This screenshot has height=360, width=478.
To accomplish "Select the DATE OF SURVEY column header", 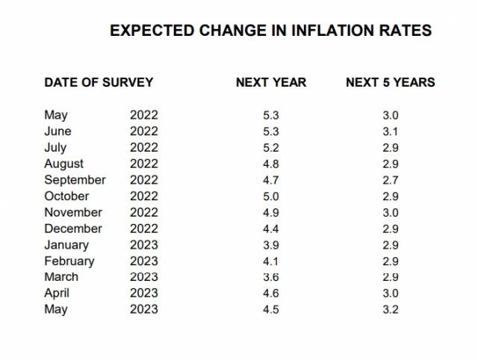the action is click(x=99, y=82).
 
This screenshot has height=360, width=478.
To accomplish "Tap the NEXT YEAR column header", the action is click(x=271, y=82).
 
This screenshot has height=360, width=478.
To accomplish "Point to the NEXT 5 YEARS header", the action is click(x=391, y=82).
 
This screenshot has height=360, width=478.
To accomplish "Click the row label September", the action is click(x=75, y=180).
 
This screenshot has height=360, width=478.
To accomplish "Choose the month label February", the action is click(x=69, y=261).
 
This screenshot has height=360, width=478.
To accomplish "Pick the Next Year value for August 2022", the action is click(x=271, y=164).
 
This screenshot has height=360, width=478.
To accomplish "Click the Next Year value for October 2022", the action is click(x=271, y=196).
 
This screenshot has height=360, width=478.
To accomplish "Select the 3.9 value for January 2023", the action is click(x=271, y=245).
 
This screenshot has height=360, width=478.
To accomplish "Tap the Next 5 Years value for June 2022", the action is click(x=391, y=131).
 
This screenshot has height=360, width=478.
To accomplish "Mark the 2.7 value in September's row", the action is click(x=391, y=180).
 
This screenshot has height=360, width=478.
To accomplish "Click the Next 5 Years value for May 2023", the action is click(x=391, y=309).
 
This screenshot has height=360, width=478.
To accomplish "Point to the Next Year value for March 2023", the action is click(x=271, y=277).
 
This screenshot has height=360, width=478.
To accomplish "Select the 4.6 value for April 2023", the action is click(x=271, y=294).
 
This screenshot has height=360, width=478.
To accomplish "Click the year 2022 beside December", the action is click(x=144, y=229).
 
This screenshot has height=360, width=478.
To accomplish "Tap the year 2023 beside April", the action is click(x=144, y=294).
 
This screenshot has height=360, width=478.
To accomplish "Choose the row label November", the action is click(x=73, y=212).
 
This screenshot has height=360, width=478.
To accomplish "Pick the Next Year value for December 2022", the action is click(x=271, y=229).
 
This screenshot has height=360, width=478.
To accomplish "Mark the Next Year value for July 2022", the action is click(x=271, y=148).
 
